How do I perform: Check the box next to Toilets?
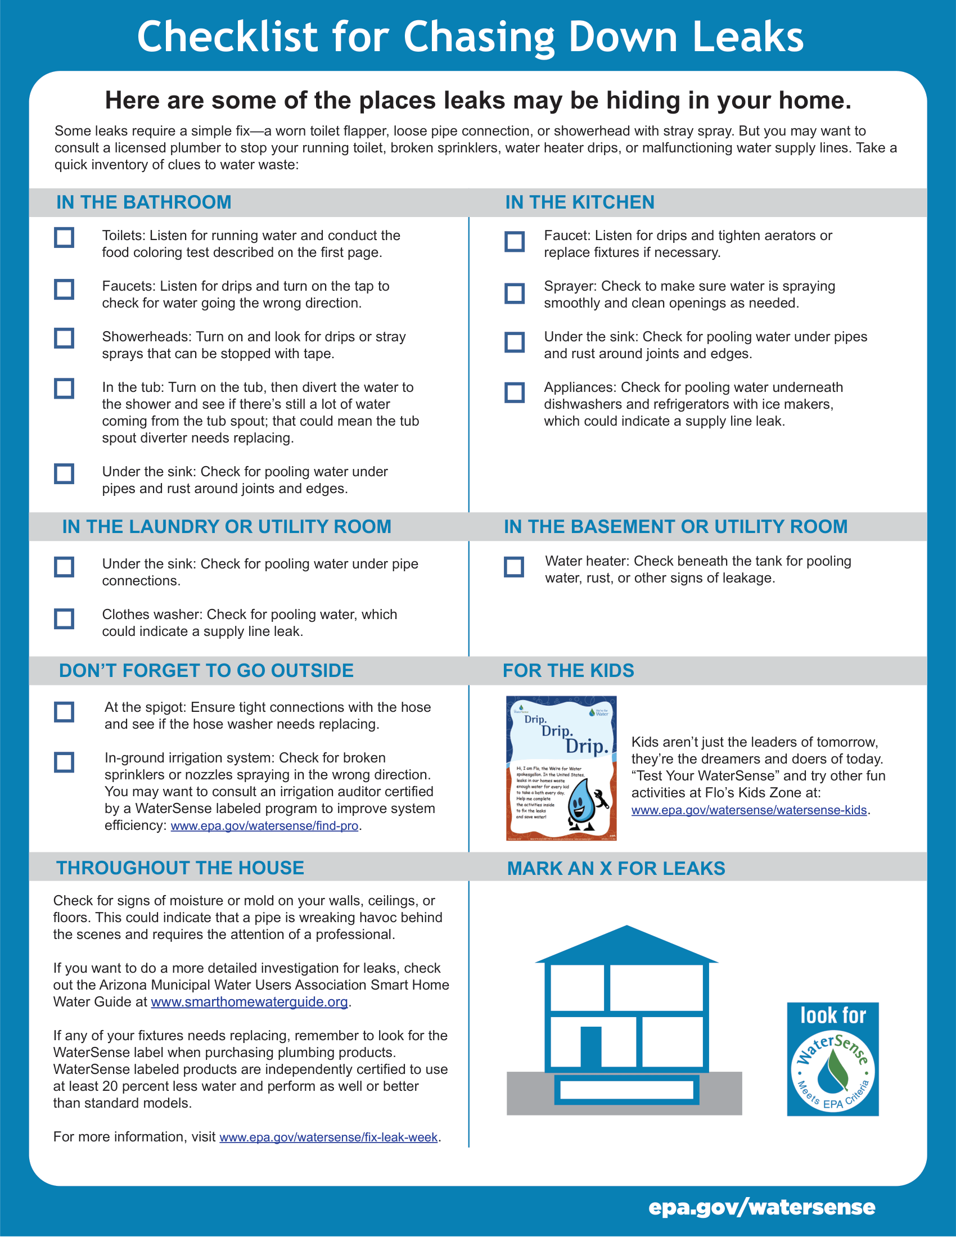(64, 237)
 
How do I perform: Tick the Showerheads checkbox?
(64, 338)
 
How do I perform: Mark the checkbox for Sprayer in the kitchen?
(514, 294)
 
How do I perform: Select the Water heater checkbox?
(513, 566)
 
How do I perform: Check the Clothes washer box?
(64, 618)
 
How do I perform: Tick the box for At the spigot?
(64, 712)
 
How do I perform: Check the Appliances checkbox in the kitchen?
(514, 392)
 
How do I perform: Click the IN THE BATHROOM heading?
(144, 202)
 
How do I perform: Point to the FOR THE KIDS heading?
(568, 671)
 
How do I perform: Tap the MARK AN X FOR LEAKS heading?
(616, 868)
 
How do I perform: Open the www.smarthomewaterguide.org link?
(249, 1002)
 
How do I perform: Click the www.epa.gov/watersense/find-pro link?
(264, 826)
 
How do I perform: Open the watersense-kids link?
(748, 810)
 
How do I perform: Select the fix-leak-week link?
(328, 1137)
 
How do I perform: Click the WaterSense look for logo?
(832, 1059)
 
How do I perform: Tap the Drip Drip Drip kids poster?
(561, 768)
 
